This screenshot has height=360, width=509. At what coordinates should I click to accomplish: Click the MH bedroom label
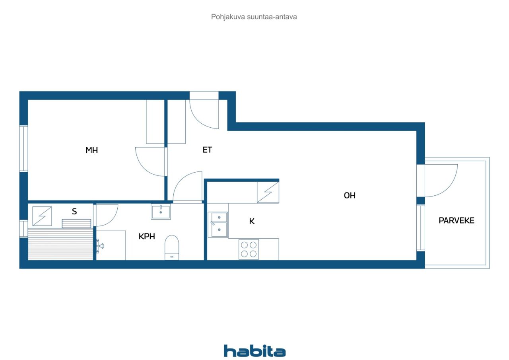[x=91, y=150]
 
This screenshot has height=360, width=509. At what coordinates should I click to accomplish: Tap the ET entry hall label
[x=207, y=150]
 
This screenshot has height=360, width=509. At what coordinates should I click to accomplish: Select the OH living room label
[x=350, y=195]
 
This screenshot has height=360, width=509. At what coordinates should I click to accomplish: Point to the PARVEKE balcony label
[x=456, y=220]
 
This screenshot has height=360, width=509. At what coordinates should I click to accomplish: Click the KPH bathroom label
[x=147, y=236]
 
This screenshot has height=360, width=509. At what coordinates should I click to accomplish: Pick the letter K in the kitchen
[x=252, y=221]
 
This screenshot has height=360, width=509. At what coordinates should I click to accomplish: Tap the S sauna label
[x=74, y=211]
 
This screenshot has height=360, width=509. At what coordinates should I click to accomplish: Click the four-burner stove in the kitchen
[x=249, y=249]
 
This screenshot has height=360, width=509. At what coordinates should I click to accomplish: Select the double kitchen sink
[x=218, y=224]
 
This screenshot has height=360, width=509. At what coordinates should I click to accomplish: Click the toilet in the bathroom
[x=171, y=247]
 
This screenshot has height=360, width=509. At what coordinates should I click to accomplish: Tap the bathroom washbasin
[x=161, y=211]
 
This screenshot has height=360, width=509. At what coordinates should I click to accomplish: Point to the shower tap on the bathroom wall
[x=99, y=246]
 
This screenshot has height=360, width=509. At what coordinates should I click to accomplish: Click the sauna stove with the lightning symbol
[x=42, y=216]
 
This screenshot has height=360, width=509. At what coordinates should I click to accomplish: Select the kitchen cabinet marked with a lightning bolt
[x=268, y=192]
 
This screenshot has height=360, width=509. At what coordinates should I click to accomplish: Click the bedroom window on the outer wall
[x=23, y=148]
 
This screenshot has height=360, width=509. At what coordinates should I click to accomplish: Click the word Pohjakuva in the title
[x=228, y=17]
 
